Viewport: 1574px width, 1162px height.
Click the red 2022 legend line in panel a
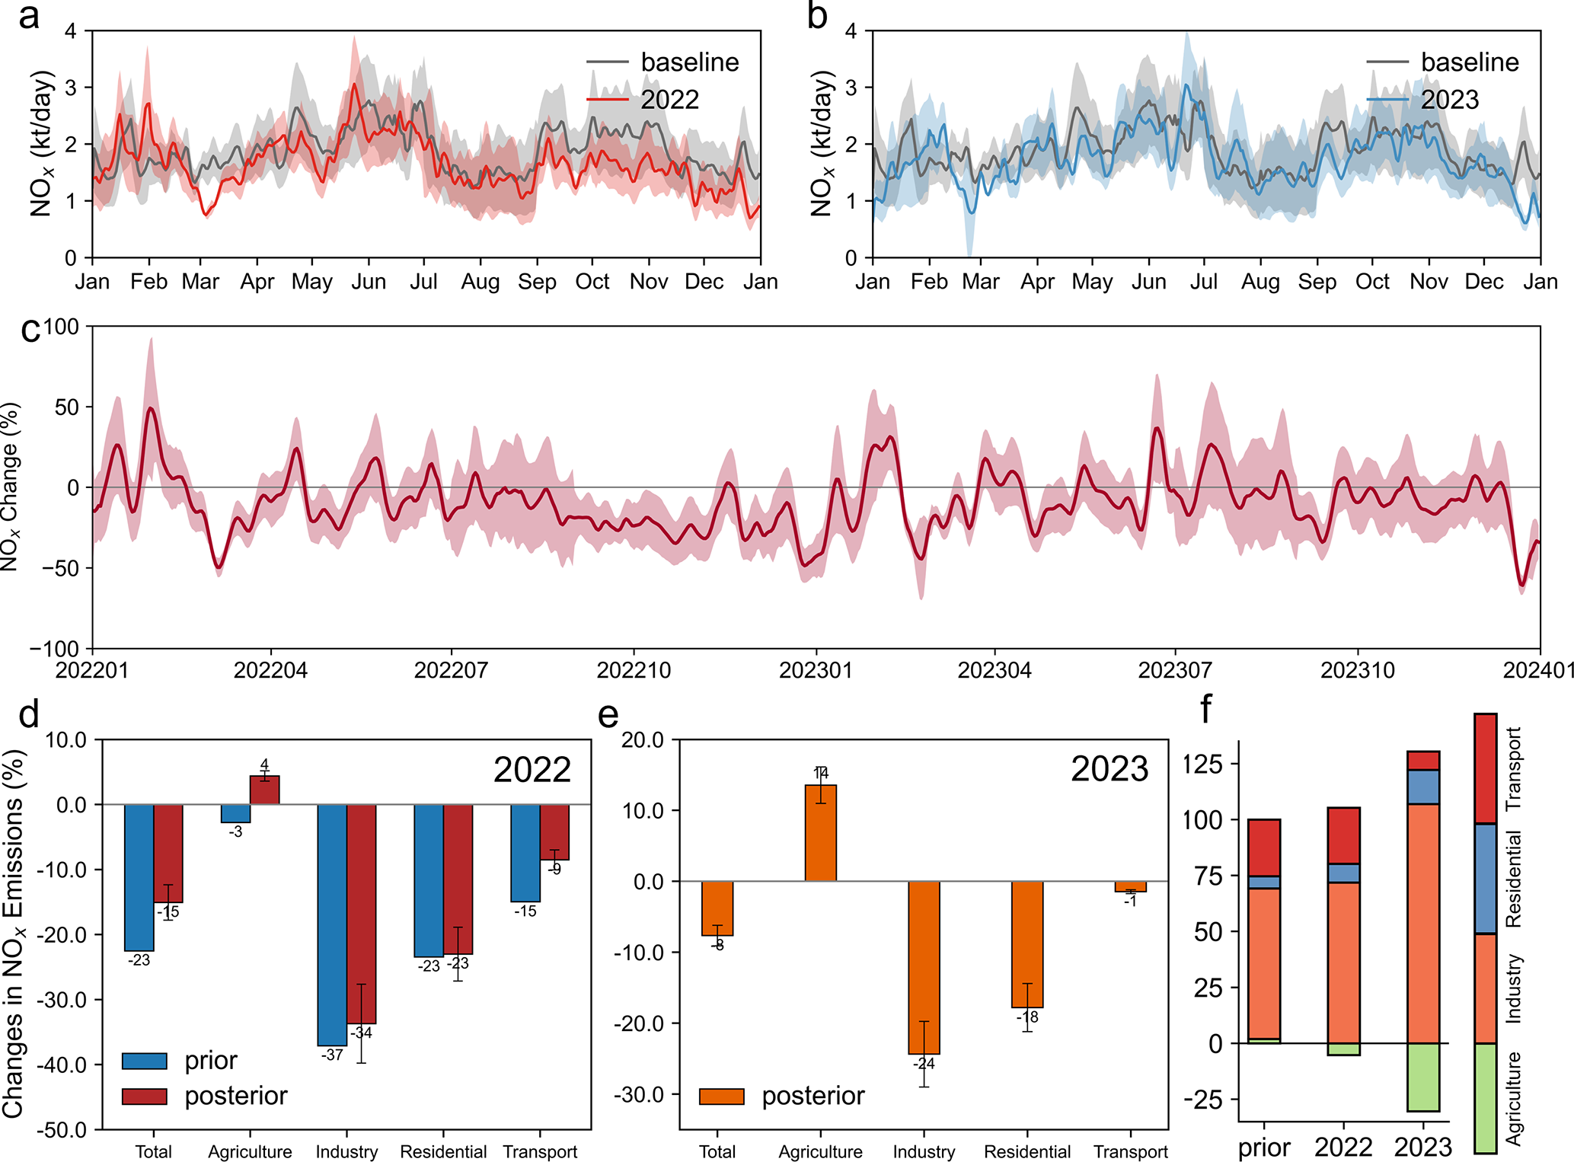(607, 99)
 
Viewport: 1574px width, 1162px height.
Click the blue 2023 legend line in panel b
(1387, 99)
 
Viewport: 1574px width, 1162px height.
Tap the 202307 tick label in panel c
(1175, 670)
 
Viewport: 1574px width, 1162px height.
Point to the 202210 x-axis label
(634, 670)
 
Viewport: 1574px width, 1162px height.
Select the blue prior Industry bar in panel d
(332, 924)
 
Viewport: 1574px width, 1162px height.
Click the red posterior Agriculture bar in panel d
(265, 790)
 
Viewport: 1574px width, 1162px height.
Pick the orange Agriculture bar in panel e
(820, 833)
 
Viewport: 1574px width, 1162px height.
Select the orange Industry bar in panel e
(924, 967)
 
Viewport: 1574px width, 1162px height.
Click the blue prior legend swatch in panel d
(144, 1061)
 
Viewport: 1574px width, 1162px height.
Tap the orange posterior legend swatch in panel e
(721, 1097)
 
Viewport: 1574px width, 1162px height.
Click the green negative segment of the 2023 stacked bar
(1423, 1077)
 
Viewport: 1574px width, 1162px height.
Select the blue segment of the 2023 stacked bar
(1423, 787)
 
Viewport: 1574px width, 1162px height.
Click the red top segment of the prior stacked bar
(1264, 848)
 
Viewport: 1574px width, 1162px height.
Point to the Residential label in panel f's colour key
(1513, 879)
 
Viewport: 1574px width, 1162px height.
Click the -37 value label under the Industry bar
(332, 1055)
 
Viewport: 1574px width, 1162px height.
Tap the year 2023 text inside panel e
(1109, 769)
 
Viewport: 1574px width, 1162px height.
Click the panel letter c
(30, 330)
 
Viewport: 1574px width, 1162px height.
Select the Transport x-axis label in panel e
(1131, 1152)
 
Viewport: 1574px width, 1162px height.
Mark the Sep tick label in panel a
(537, 282)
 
